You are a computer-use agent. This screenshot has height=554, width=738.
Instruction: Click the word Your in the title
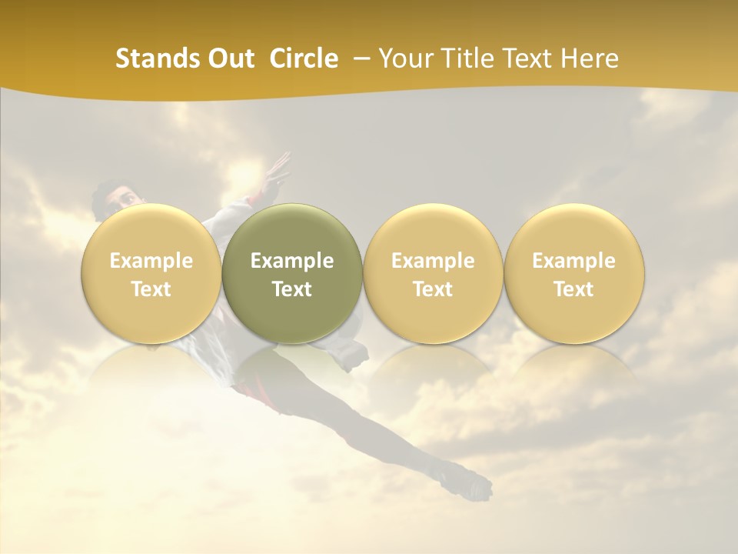pyautogui.click(x=404, y=58)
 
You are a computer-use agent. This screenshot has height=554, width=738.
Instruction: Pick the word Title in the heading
pyautogui.click(x=462, y=58)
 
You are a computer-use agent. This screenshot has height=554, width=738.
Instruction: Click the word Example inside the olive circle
pyautogui.click(x=292, y=261)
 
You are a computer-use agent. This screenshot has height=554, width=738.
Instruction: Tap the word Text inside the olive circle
pyautogui.click(x=292, y=289)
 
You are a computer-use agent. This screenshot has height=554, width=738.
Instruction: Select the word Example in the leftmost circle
pyautogui.click(x=151, y=261)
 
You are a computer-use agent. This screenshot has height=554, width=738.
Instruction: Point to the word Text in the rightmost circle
pyautogui.click(x=573, y=289)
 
